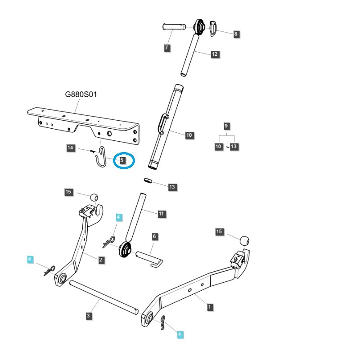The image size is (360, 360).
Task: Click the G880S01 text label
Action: (x=81, y=95)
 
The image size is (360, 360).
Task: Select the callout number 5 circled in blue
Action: (x=123, y=160)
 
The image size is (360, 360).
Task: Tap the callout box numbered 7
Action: (x=167, y=48)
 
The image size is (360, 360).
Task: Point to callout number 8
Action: (x=236, y=34)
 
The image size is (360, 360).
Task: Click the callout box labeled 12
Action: (x=214, y=54)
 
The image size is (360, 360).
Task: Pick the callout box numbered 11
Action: (x=162, y=214)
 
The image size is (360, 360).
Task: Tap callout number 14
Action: (x=70, y=148)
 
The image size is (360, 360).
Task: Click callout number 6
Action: (x=154, y=236)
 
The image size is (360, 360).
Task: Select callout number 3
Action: (x=89, y=316)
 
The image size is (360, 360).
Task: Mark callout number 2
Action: (x=102, y=260)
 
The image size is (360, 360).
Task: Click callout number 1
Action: (x=210, y=307)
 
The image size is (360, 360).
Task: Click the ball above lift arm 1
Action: (x=244, y=240)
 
